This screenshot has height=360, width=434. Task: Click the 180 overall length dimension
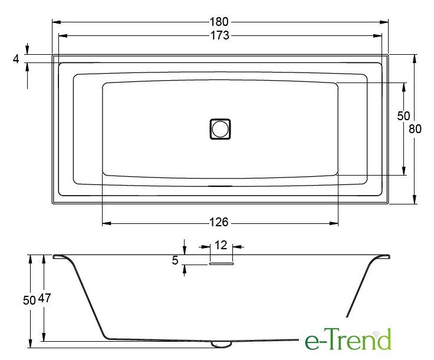coord(219,22)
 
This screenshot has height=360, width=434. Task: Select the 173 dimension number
coord(220,35)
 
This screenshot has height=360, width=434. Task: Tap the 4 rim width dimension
coord(16,58)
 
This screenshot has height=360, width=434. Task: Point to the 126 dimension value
coord(219,222)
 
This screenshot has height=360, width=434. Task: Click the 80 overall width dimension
coord(415,129)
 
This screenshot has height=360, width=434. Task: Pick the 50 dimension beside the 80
coord(403,116)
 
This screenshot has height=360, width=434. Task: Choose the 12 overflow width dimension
coord(221,245)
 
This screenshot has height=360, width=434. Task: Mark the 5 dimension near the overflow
coord(175,260)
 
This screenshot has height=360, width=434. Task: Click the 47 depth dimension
coord(45,298)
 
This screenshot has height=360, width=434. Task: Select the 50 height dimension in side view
coord(29,300)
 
